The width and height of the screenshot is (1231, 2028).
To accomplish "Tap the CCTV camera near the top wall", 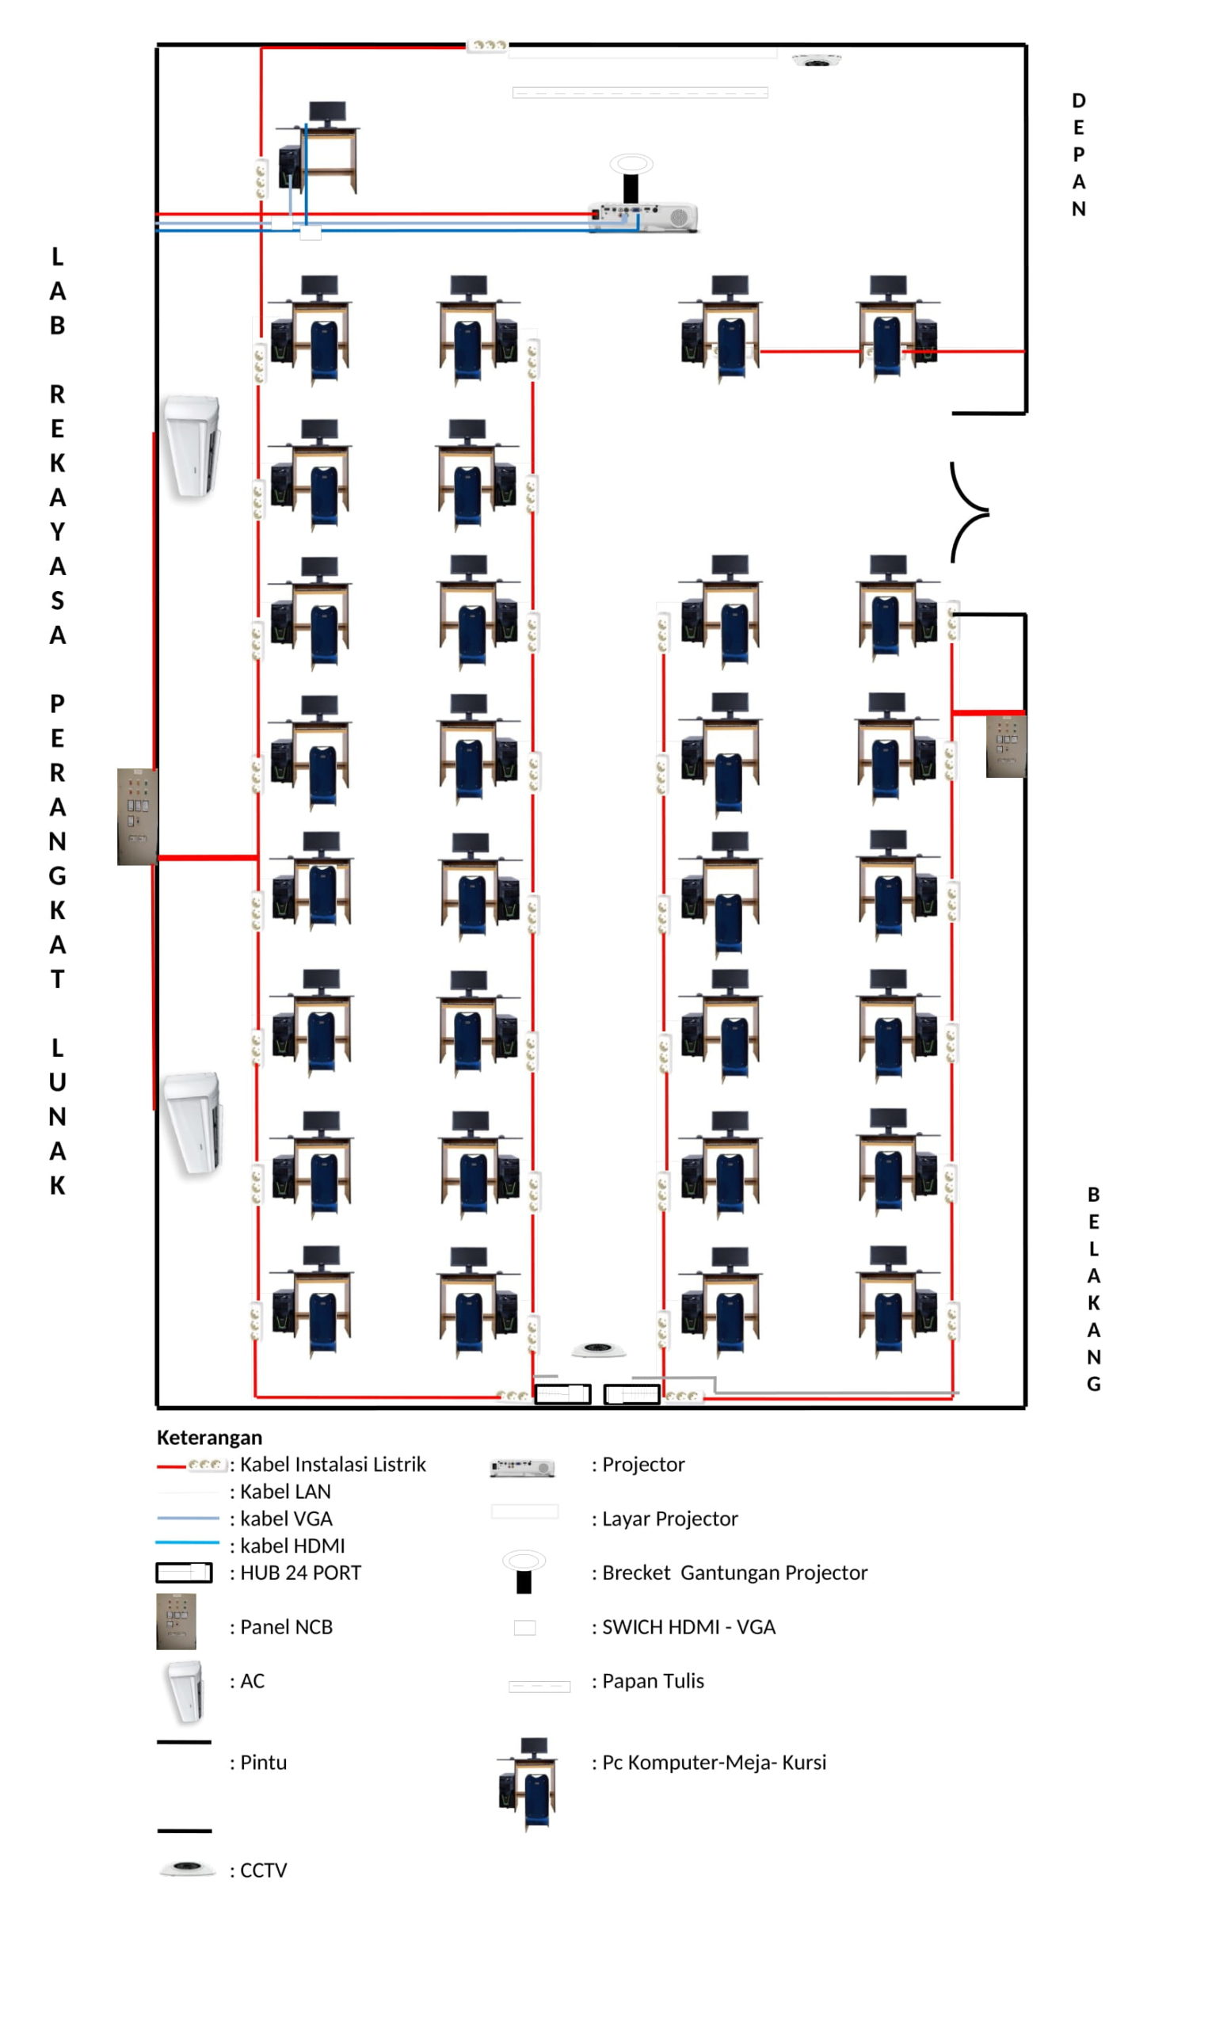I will (x=816, y=60).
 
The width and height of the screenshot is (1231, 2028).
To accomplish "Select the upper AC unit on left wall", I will (x=192, y=447).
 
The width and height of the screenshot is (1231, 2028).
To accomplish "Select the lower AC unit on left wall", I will (x=193, y=1123).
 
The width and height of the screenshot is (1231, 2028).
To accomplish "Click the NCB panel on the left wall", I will (x=136, y=817).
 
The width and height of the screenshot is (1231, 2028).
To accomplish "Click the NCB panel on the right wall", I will (x=1006, y=745).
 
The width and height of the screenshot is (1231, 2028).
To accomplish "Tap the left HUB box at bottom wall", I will (x=563, y=1394).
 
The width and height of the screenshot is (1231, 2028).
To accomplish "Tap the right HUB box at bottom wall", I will (x=632, y=1394).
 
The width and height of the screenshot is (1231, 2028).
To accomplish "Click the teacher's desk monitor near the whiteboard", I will (x=326, y=112).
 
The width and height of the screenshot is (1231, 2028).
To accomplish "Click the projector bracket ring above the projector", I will (x=631, y=163).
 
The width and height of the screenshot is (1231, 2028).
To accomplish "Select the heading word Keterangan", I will (x=209, y=1438).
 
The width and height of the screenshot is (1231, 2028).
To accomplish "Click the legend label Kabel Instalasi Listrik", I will (x=333, y=1465).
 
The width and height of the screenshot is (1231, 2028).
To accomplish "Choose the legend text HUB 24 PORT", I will (x=300, y=1572).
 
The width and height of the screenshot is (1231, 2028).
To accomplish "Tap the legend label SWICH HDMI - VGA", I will (x=688, y=1627).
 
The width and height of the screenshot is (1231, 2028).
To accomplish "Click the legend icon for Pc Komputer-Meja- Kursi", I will (x=528, y=1782).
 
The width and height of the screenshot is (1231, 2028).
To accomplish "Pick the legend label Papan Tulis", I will (x=653, y=1681).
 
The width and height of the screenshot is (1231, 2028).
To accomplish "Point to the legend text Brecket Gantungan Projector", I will (x=734, y=1572).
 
